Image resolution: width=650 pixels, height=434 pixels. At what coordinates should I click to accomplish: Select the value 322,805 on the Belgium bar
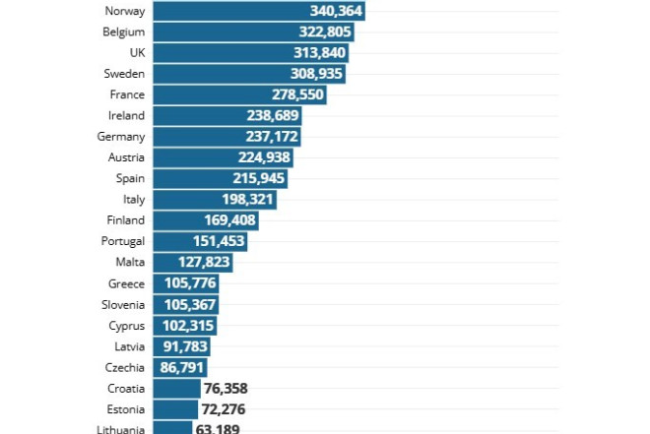pyautogui.click(x=323, y=32)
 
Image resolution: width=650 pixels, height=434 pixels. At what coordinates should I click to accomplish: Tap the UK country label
pyautogui.click(x=136, y=53)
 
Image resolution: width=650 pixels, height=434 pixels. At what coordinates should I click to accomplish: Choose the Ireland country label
pyautogui.click(x=126, y=116)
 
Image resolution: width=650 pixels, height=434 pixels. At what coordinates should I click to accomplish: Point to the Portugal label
pyautogui.click(x=123, y=241)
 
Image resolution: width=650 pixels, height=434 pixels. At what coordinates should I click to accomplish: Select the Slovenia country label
pyautogui.click(x=123, y=304)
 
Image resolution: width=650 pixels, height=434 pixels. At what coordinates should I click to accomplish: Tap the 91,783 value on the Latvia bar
pyautogui.click(x=183, y=346)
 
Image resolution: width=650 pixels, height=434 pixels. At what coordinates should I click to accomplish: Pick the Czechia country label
pyautogui.click(x=124, y=367)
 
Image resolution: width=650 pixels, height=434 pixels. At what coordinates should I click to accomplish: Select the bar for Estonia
pyautogui.click(x=177, y=408)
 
